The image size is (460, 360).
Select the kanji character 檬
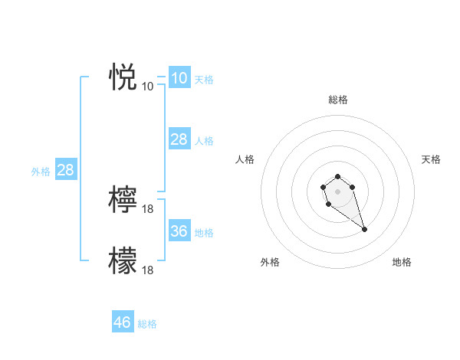[x=123, y=260]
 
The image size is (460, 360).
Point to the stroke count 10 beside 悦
[x=148, y=86]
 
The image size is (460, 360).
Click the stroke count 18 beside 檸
[x=148, y=208]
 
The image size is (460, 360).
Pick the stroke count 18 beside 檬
[x=148, y=270]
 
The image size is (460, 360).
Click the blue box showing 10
[x=179, y=78]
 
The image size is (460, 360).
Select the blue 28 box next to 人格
[x=179, y=139]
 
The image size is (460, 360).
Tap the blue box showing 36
[x=179, y=231]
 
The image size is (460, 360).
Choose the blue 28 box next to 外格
[x=65, y=170]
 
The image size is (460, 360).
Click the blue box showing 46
[x=123, y=322]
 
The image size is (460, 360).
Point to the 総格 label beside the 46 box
[x=147, y=324]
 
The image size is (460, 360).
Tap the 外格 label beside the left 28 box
[x=41, y=172]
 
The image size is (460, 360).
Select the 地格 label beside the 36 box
[x=204, y=233]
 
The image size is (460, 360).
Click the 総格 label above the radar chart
[x=338, y=100]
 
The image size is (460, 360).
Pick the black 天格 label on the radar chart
[x=432, y=159]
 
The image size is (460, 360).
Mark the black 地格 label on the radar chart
[x=402, y=262]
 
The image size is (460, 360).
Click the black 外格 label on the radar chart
[x=270, y=262]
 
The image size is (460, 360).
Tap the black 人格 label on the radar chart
[x=245, y=159]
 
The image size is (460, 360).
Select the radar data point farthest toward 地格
[x=364, y=229]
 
